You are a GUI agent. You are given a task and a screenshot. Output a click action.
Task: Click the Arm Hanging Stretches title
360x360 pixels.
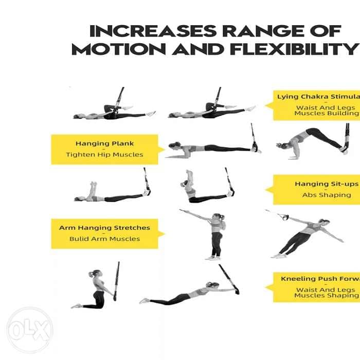pos(104,227)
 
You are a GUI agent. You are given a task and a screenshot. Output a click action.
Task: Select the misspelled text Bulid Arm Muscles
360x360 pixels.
pos(104,239)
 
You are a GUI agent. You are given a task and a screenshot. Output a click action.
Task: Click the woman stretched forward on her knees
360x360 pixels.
pos(185,295)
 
